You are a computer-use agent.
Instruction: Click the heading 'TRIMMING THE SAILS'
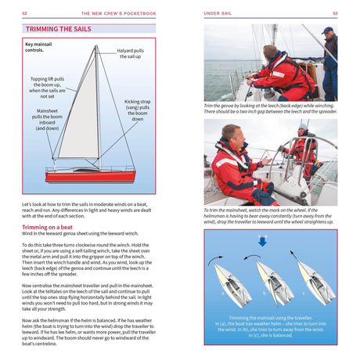(58, 29)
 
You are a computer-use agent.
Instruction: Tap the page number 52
(25, 13)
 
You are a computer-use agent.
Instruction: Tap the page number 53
(334, 13)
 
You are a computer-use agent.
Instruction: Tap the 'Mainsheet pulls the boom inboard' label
(46, 120)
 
